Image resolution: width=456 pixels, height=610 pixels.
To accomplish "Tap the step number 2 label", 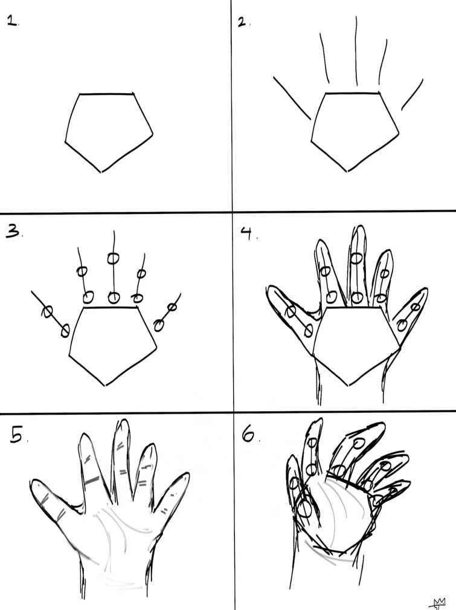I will click(242, 22).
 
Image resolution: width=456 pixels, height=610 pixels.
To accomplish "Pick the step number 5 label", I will click(16, 435).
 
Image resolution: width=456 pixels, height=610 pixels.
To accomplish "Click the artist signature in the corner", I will click(438, 602).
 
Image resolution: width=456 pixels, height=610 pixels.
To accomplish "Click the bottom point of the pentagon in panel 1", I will click(101, 172).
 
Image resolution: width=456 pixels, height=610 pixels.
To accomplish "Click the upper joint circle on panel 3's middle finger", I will click(112, 259).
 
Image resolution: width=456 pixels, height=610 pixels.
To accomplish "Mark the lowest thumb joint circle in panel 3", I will click(65, 330).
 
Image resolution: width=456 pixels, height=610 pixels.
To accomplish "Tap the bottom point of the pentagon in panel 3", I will click(106, 384).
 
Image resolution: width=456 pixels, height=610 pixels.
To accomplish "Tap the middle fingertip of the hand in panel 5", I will click(124, 422).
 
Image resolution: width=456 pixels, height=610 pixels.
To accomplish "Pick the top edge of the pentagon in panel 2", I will click(353, 94).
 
